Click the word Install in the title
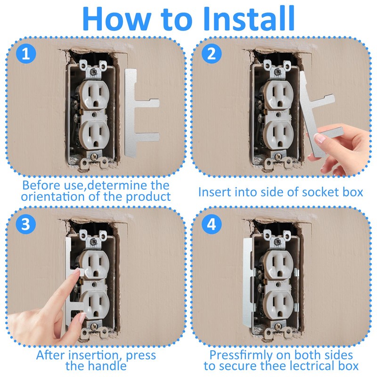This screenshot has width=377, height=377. coord(249,18)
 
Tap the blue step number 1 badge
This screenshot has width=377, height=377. coord(26,54)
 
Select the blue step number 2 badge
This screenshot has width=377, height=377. coord(211,54)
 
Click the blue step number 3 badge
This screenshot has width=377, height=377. coord(26,224)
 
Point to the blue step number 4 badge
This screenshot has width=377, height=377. coord(211,224)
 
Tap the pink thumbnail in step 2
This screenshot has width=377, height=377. coord(320,138)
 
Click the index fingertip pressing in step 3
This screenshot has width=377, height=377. coord(76,272)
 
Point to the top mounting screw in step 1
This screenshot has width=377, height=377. coord(92,71)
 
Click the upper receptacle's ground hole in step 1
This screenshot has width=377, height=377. coord(96,104)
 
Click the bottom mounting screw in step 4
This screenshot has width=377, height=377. coord(278,327)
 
